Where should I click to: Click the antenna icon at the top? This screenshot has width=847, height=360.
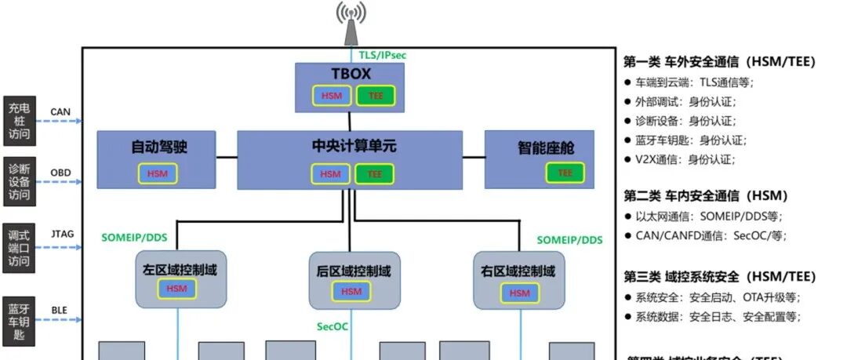(x=351, y=24)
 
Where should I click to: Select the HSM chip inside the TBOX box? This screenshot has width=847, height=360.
(x=330, y=96)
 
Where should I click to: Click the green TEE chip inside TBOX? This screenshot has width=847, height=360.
(x=376, y=96)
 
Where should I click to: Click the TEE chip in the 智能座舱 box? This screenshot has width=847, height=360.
(x=565, y=173)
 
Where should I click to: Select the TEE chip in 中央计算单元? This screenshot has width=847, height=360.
(x=375, y=173)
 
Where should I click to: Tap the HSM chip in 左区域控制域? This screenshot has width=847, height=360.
(x=176, y=289)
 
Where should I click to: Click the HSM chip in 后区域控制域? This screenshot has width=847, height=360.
(x=351, y=291)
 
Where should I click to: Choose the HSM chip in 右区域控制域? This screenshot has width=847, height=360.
(x=519, y=293)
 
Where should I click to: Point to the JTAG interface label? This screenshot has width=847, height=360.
(x=62, y=234)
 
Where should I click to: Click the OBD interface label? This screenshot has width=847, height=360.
(x=61, y=173)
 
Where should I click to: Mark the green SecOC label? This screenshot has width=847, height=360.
(x=333, y=326)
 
